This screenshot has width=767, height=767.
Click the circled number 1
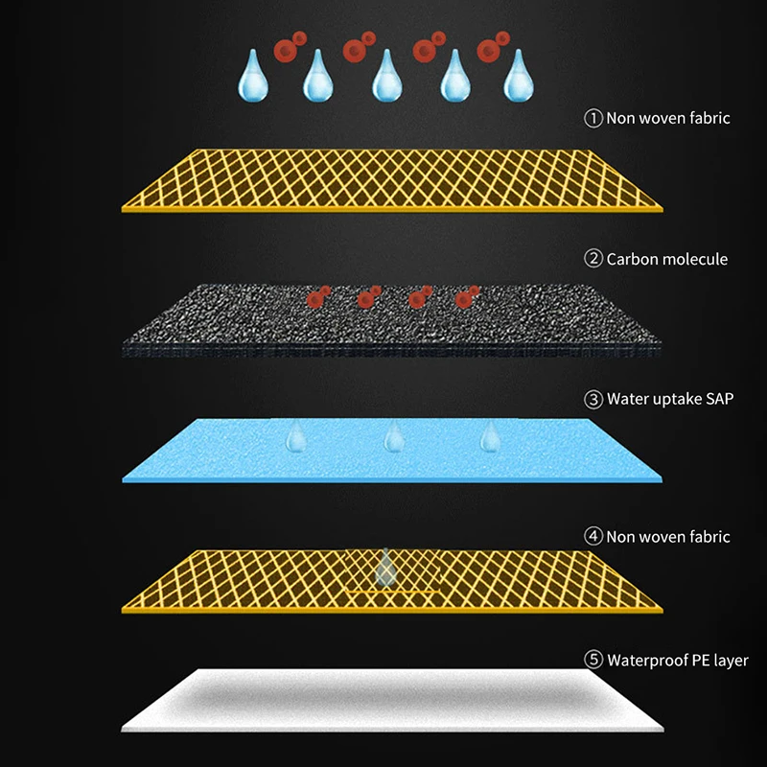(593, 118)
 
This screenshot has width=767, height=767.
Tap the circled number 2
(593, 259)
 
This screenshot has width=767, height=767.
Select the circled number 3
(593, 398)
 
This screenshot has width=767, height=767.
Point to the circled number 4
(593, 537)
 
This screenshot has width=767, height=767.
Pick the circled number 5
(593, 660)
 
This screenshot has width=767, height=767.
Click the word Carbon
(633, 259)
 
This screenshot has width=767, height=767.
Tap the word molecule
(695, 259)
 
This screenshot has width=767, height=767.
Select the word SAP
(716, 398)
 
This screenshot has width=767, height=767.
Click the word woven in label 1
(663, 118)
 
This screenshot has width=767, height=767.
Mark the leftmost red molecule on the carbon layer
(315, 298)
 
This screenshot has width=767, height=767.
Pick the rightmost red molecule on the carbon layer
(467, 297)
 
